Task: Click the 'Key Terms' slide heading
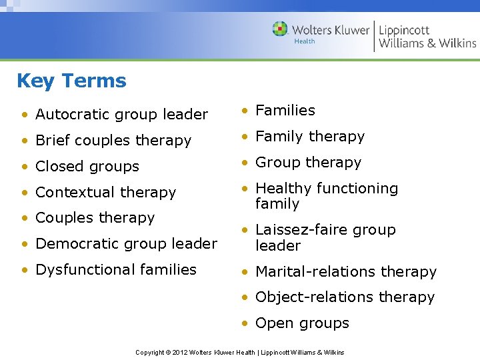(71, 81)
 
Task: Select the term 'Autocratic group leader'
(121, 115)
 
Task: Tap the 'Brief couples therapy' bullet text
(113, 141)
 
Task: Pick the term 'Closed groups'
(87, 167)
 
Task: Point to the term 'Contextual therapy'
(105, 193)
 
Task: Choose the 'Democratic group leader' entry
(126, 244)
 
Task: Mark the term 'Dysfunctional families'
(116, 270)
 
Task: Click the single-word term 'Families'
(285, 111)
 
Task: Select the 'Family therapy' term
(310, 137)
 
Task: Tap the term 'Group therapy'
(308, 163)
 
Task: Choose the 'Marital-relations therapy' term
(346, 272)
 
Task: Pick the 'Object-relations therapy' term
(345, 297)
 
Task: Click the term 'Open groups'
(302, 323)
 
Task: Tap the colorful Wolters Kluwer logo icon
(280, 29)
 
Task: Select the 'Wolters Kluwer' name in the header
(330, 29)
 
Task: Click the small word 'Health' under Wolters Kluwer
(305, 41)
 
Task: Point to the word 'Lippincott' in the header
(404, 29)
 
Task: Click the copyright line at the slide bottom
(240, 352)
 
